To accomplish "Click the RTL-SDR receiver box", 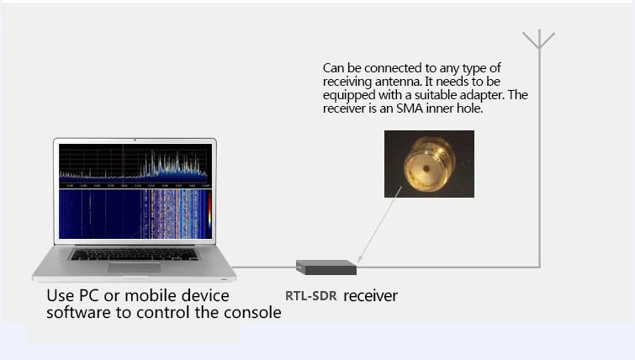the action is (326, 267).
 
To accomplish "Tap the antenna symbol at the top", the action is (538, 40).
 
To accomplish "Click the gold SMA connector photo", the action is (429, 163).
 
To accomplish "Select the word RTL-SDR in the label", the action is (310, 296).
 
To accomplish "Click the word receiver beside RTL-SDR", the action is (370, 296).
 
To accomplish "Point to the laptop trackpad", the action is (134, 267).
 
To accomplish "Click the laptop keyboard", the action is (135, 253).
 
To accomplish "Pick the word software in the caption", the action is (77, 313).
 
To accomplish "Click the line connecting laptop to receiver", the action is (265, 267).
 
